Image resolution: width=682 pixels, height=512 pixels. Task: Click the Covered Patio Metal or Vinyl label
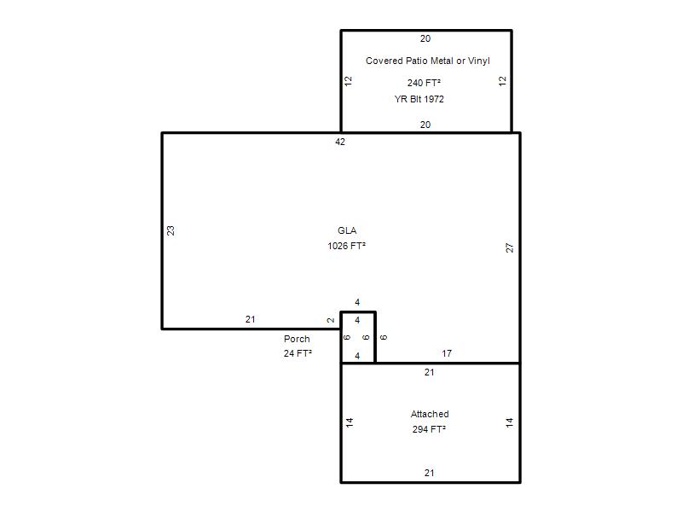[428, 61]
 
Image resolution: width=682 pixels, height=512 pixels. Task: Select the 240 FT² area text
[424, 83]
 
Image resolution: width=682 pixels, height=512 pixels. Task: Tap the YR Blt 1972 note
[419, 99]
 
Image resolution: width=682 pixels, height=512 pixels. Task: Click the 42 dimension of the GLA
[340, 142]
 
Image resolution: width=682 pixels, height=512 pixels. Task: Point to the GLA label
[347, 230]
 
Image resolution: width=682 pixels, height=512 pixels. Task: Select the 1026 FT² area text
[347, 246]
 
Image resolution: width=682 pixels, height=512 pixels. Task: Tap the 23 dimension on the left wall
[171, 230]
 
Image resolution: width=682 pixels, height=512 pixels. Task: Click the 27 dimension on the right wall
[510, 247]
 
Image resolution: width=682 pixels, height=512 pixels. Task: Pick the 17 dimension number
[447, 353]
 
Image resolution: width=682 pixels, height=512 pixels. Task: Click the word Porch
[297, 339]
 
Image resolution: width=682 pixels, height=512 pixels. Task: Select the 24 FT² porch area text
[298, 353]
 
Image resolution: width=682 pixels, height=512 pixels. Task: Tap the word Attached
[430, 414]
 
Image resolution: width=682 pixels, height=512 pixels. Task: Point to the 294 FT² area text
[430, 429]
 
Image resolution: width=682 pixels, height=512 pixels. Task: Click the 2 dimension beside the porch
[331, 320]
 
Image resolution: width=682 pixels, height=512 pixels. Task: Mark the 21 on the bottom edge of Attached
[430, 473]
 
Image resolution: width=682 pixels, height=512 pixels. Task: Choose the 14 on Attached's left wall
[350, 422]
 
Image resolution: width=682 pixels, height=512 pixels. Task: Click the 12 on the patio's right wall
[503, 81]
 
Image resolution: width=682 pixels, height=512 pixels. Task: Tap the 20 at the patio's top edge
[425, 38]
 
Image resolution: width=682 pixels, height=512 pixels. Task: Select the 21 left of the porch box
[250, 319]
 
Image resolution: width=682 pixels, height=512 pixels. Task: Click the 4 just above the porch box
[357, 302]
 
